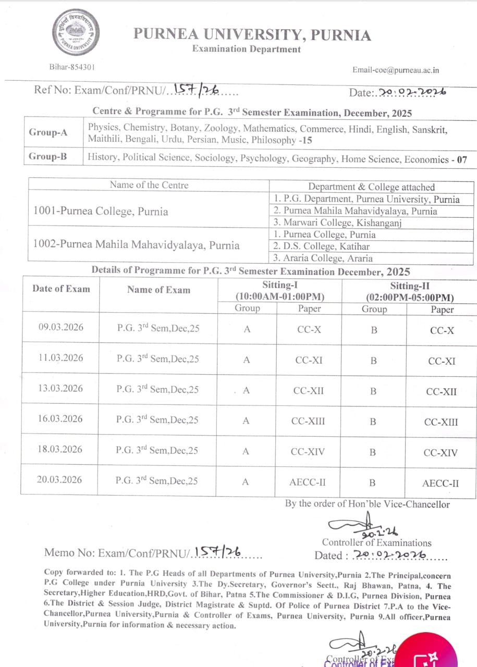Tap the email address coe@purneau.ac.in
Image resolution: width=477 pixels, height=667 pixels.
[396, 70]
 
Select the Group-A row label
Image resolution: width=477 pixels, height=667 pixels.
[48, 132]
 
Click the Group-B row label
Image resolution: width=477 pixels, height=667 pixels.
[48, 156]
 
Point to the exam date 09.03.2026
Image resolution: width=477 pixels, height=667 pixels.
[60, 327]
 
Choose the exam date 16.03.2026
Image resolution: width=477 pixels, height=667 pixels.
[60, 419]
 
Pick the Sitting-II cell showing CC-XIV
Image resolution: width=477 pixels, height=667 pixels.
[441, 452]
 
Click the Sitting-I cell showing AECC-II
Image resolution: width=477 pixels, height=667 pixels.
[308, 482]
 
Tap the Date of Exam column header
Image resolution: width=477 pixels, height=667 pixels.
[61, 289]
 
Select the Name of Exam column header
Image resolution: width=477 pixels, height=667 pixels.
[158, 290]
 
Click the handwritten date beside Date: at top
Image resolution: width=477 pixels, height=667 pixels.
[412, 92]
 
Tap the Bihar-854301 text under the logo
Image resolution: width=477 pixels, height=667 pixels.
[72, 67]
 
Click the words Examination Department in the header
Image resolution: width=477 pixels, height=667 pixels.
[247, 49]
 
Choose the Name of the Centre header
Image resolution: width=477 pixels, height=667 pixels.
[149, 185]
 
